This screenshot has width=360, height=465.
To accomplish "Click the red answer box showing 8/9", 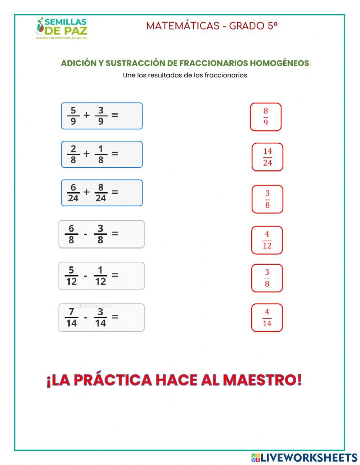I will pyautogui.click(x=266, y=117).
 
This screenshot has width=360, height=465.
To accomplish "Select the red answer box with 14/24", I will pyautogui.click(x=267, y=157).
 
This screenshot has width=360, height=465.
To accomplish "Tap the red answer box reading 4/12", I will pyautogui.click(x=267, y=240).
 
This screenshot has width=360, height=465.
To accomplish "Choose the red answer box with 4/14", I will pyautogui.click(x=267, y=318).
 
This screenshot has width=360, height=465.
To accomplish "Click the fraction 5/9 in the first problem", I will pyautogui.click(x=73, y=116).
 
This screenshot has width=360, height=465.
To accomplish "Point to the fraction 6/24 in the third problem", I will pyautogui.click(x=73, y=193).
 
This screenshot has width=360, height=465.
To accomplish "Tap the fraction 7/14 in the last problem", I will pyautogui.click(x=71, y=317).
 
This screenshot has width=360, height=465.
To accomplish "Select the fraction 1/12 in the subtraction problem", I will pyautogui.click(x=100, y=276).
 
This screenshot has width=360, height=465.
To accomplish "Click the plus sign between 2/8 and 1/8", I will pyautogui.click(x=86, y=154).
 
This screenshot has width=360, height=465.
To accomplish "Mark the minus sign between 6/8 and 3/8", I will pyautogui.click(x=85, y=234).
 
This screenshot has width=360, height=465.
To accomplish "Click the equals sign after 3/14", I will pyautogui.click(x=115, y=317).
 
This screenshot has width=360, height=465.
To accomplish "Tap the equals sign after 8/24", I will pyautogui.click(x=115, y=192).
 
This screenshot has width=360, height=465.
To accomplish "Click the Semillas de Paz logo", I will pyautogui.click(x=62, y=28).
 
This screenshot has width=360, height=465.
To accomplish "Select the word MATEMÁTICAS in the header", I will pyautogui.click(x=183, y=26).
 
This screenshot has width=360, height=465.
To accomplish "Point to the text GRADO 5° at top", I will pyautogui.click(x=253, y=26).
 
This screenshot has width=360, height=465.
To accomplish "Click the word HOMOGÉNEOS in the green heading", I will pyautogui.click(x=279, y=63).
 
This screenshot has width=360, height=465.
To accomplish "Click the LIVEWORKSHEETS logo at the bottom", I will pyautogui.click(x=304, y=457).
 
